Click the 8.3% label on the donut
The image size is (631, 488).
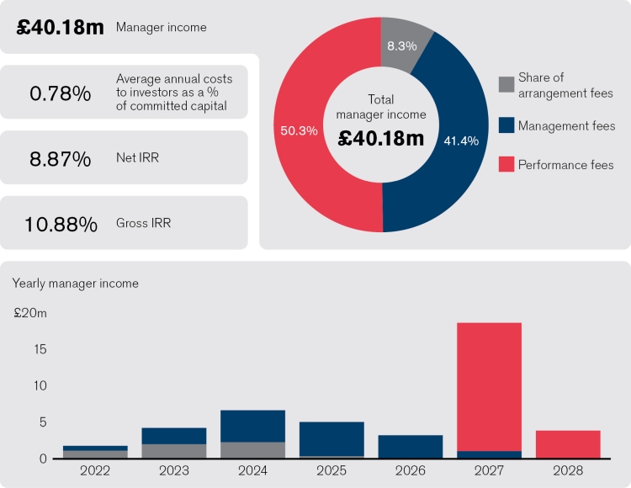click(x=402, y=45)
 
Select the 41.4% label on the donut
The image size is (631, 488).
click(x=461, y=141)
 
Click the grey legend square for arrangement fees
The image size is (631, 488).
click(x=506, y=84)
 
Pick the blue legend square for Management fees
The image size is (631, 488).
click(x=506, y=125)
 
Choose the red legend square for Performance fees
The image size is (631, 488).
click(x=506, y=164)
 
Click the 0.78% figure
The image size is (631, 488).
click(x=60, y=93)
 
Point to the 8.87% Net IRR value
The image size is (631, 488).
click(x=60, y=157)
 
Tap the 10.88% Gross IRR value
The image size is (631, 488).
click(x=60, y=224)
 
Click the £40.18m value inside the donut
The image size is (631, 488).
click(x=381, y=138)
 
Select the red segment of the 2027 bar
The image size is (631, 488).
click(x=489, y=387)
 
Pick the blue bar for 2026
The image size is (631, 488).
click(x=411, y=447)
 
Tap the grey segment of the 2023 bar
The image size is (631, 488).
click(x=174, y=451)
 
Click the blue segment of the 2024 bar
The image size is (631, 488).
click(x=253, y=426)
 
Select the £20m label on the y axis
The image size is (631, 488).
click(x=30, y=313)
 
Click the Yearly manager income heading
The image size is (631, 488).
click(x=75, y=284)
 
